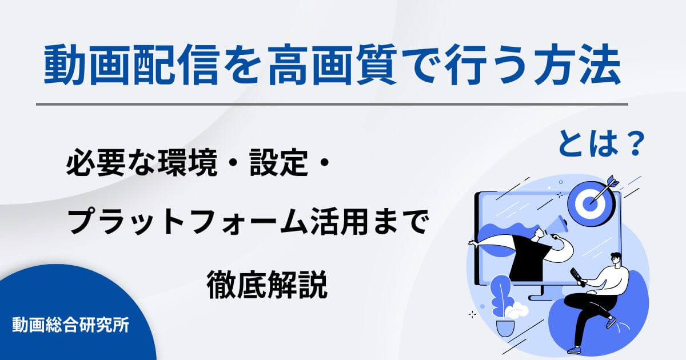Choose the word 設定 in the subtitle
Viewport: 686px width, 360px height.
pyautogui.click(x=277, y=166)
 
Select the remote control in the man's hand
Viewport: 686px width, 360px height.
pyautogui.click(x=578, y=277)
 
